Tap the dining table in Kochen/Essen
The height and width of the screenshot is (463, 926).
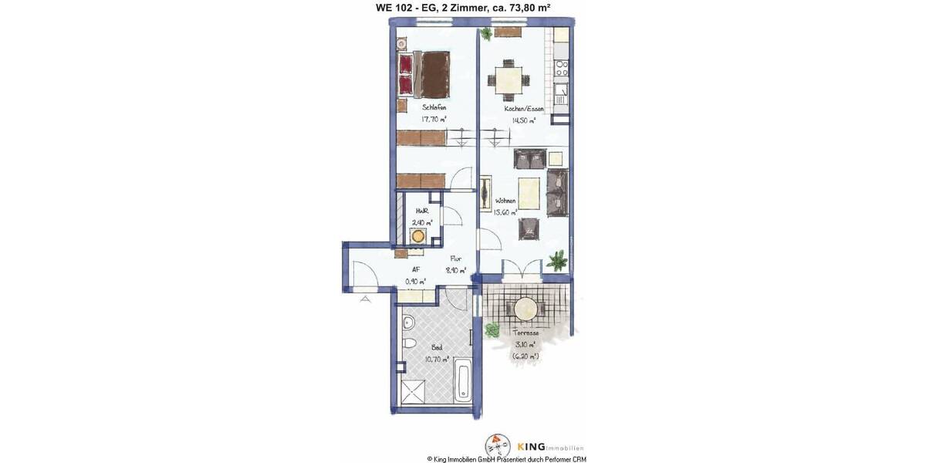tap(507, 79)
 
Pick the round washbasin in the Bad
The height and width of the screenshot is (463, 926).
tap(410, 321)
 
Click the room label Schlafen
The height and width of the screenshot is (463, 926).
tap(434, 107)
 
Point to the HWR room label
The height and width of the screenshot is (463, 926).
tap(422, 210)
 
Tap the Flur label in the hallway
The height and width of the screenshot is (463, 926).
tap(455, 259)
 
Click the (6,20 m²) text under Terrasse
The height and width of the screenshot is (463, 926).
tap(525, 356)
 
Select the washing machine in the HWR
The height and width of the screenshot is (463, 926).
tap(421, 236)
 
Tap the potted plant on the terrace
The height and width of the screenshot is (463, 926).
tap(491, 330)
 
